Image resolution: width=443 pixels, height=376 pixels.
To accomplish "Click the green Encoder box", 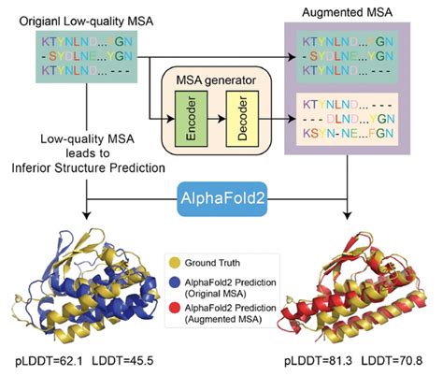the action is [x=191, y=119].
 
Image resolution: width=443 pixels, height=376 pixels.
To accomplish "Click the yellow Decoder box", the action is [x=242, y=119].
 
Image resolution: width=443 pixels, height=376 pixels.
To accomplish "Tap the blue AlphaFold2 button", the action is [x=222, y=199].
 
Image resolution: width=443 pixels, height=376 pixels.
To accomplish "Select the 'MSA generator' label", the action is [x=216, y=80].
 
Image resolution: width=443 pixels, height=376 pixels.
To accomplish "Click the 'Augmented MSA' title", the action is [x=347, y=12].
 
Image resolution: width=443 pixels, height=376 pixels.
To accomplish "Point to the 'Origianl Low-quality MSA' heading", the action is [x=86, y=22].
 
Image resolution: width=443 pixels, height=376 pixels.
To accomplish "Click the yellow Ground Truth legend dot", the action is [x=175, y=263].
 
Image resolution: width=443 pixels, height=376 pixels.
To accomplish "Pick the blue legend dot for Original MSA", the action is [x=175, y=282].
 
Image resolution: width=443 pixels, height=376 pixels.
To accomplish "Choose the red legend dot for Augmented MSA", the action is [x=175, y=308].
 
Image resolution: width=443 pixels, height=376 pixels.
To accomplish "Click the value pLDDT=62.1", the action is [x=49, y=361].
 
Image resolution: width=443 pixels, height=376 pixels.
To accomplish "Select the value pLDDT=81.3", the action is [x=318, y=361].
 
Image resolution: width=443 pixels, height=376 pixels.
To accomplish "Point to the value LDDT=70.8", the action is [x=392, y=361].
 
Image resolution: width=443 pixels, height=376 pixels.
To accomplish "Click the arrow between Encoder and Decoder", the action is [x=217, y=119].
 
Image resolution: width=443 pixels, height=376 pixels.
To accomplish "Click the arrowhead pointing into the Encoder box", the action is [x=171, y=119].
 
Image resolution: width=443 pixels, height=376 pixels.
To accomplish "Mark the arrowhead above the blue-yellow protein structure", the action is [x=87, y=215].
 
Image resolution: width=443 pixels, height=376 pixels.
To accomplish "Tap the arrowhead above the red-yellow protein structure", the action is [x=347, y=215].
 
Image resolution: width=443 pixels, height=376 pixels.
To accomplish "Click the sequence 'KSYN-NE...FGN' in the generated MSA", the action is [x=349, y=134].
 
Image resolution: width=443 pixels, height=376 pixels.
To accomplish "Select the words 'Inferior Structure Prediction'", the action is [x=88, y=168].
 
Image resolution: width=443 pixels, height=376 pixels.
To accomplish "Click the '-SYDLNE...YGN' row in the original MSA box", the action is [x=87, y=56].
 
